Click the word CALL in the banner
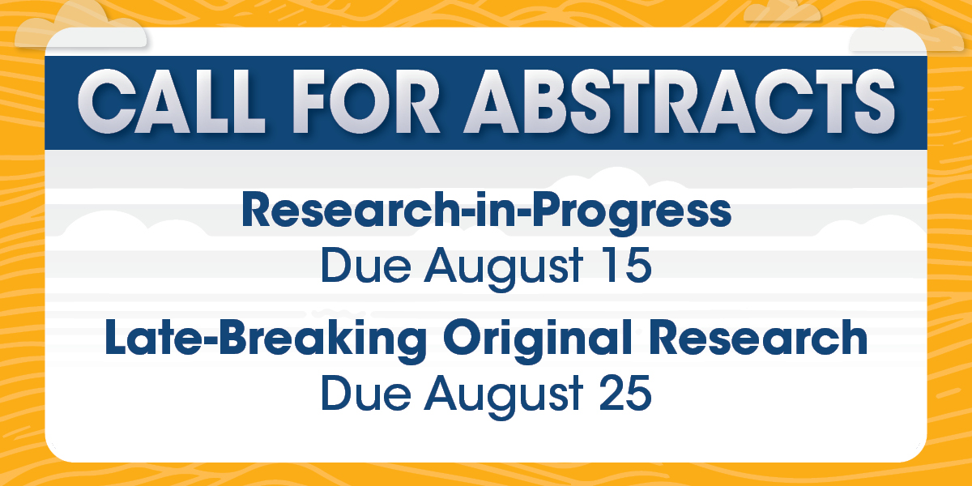pyautogui.click(x=171, y=101)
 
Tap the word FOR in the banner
pyautogui.click(x=367, y=101)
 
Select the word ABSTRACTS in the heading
pyautogui.click(x=680, y=101)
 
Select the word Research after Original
pyautogui.click(x=758, y=337)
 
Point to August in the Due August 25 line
pyautogui.click(x=503, y=396)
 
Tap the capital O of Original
pyautogui.click(x=463, y=338)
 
